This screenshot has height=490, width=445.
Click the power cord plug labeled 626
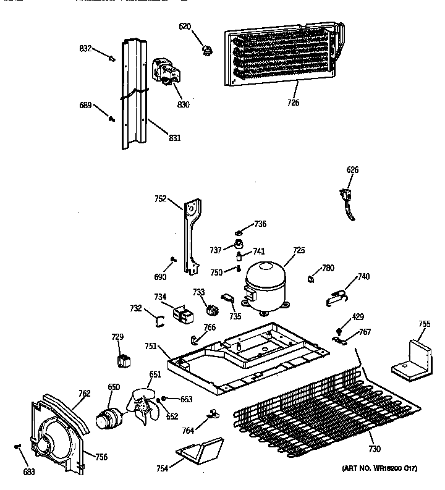(x=348, y=201)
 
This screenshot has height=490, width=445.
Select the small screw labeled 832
(x=111, y=58)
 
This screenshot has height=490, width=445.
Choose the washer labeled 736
(x=238, y=233)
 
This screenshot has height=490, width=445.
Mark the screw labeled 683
(x=18, y=446)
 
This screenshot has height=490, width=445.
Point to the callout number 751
(x=151, y=348)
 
